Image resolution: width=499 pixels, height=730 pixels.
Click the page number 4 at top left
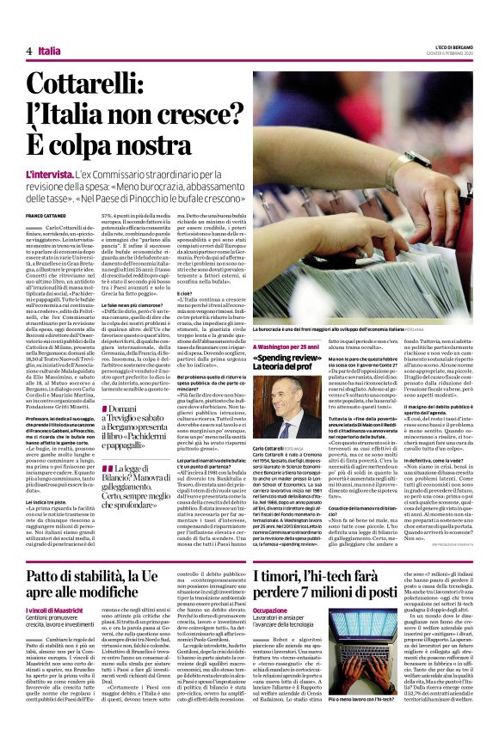point(28,52)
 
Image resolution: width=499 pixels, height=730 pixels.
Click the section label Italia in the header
point(50,52)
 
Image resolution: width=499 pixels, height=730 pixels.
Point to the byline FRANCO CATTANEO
point(46,215)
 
